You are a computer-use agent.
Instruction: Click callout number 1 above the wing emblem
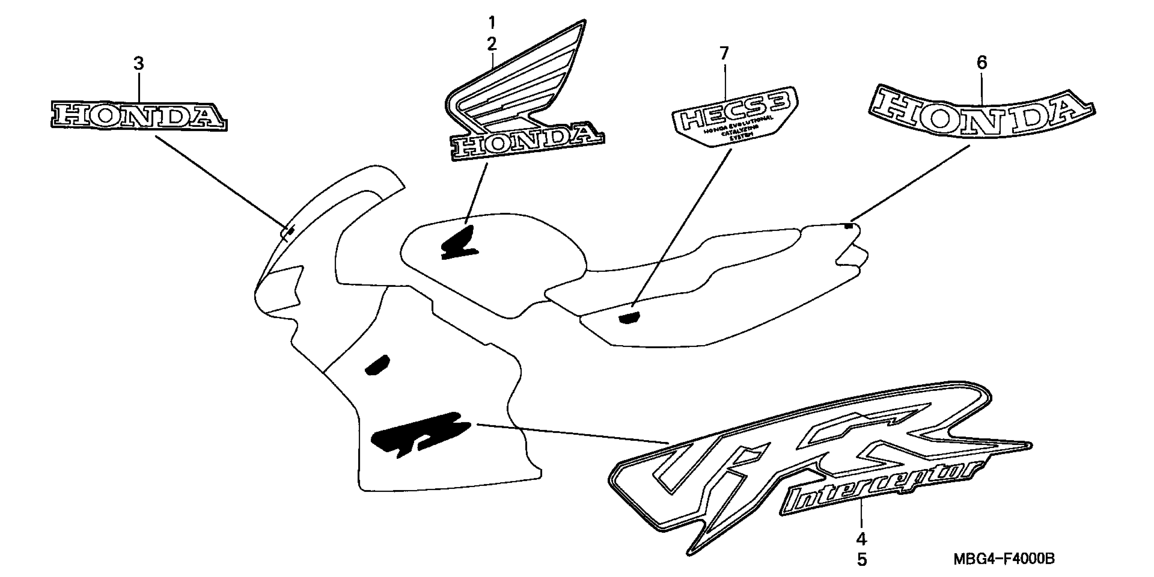coord(492,22)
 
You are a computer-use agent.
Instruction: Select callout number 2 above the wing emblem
coord(492,44)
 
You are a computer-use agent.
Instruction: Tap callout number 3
coord(139,64)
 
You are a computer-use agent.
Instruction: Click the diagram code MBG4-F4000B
coord(1003,559)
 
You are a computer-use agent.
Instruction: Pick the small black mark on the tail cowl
coord(847,226)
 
